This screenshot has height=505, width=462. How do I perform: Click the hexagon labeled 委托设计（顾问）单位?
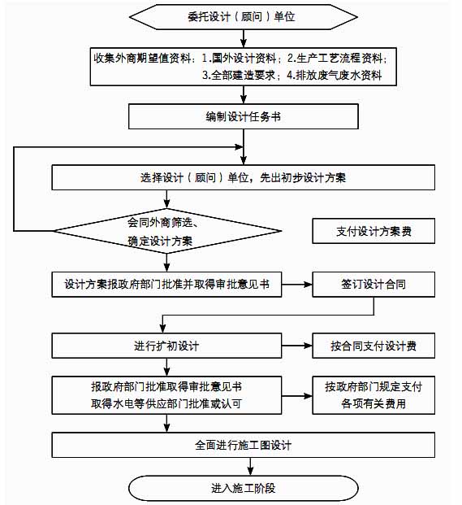click(x=244, y=17)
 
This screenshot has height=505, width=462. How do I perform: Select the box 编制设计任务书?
click(x=244, y=116)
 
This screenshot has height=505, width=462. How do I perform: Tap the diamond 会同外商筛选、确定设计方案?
click(x=167, y=231)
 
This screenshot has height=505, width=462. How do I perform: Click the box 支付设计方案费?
click(x=373, y=231)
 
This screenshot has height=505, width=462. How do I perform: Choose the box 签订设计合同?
click(x=373, y=285)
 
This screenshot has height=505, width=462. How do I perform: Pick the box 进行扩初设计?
click(x=166, y=346)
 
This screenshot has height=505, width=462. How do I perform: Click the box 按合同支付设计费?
click(x=373, y=346)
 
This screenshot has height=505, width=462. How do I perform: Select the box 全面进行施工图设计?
click(x=244, y=445)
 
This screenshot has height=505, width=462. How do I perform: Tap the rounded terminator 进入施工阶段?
click(x=244, y=488)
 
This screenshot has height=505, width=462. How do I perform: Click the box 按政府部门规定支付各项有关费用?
click(x=373, y=395)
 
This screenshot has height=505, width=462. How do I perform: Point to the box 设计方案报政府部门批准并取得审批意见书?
click(x=166, y=285)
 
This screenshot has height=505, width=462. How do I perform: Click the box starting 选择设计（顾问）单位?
click(x=244, y=177)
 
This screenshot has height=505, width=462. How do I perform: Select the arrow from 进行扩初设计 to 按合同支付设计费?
click(x=296, y=346)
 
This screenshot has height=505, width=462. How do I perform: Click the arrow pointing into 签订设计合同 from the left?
click(x=296, y=285)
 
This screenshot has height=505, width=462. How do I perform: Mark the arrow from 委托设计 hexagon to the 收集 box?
click(x=244, y=39)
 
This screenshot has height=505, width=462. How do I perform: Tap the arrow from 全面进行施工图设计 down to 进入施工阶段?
click(x=250, y=466)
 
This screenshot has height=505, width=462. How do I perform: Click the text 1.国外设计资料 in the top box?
click(x=239, y=59)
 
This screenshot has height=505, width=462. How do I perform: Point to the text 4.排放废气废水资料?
click(x=334, y=76)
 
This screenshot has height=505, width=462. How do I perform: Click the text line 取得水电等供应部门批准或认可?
click(x=166, y=403)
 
